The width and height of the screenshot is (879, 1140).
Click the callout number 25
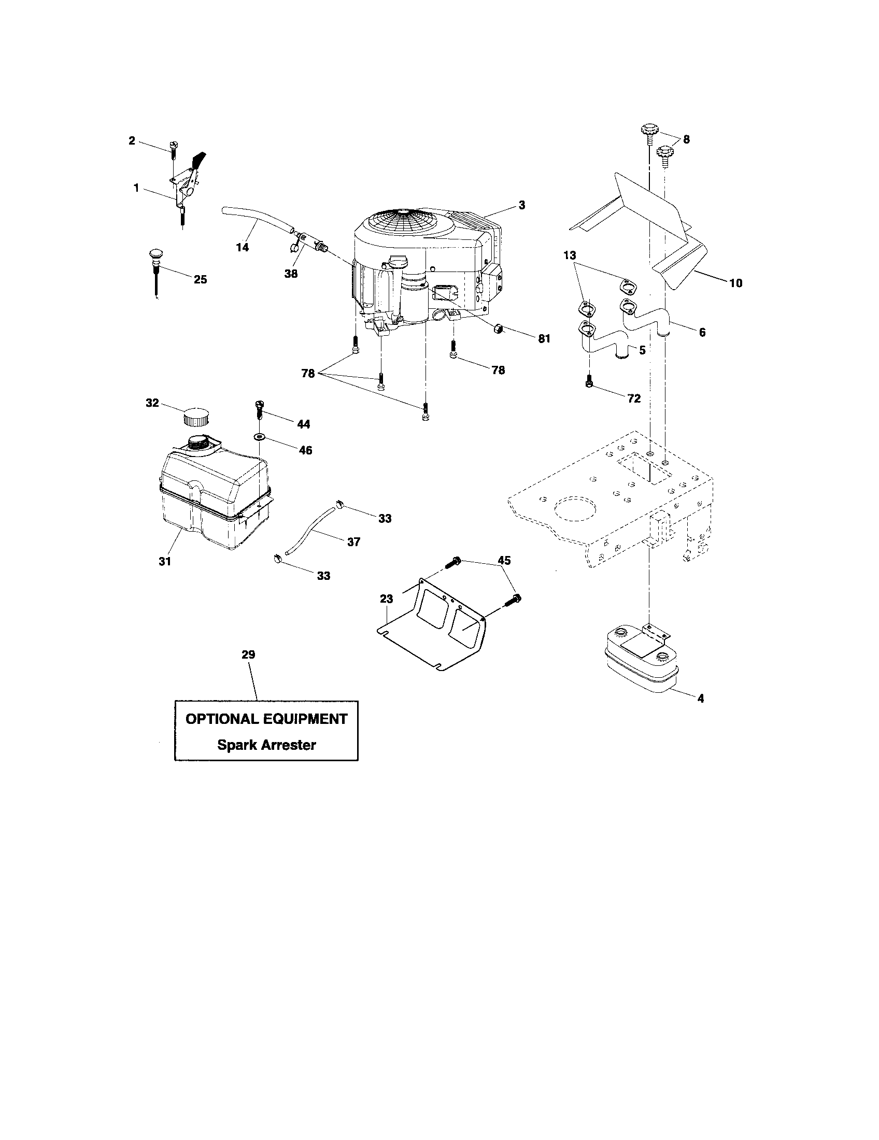(200, 279)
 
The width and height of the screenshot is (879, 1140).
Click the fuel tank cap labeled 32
(196, 418)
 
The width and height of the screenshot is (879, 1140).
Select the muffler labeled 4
(640, 660)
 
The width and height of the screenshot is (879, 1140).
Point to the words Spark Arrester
(266, 745)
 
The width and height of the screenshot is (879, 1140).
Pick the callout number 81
(544, 338)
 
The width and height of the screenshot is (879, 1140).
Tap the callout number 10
(735, 283)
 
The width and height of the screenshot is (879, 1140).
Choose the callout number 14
(243, 247)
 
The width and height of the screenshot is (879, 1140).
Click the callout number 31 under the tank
(165, 562)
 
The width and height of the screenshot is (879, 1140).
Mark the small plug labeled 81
(498, 329)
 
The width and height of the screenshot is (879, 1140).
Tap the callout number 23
(386, 599)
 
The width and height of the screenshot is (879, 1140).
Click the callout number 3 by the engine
(522, 205)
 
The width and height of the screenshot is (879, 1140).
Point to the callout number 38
(291, 274)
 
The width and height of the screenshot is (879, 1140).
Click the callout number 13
(570, 256)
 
